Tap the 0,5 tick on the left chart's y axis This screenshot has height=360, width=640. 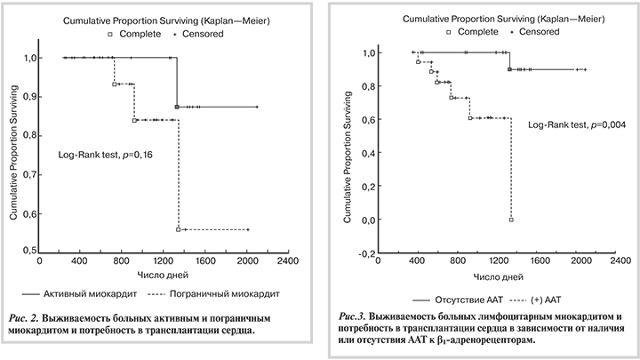coord(29,252)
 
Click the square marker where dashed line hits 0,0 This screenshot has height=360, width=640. coord(511,220)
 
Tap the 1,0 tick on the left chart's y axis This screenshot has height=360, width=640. coord(29,58)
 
